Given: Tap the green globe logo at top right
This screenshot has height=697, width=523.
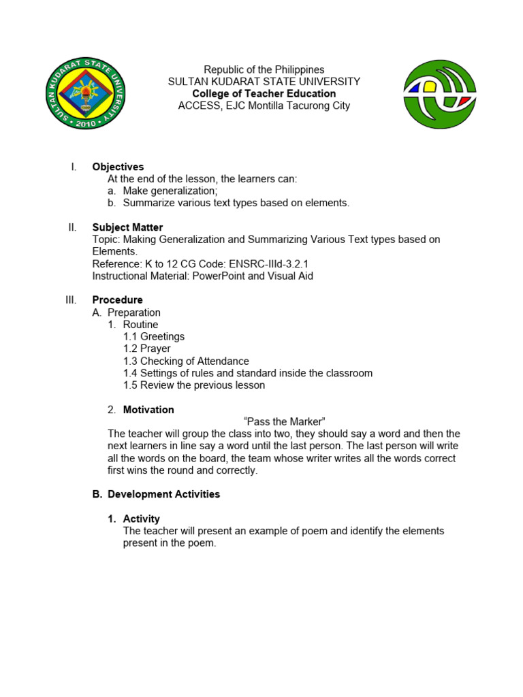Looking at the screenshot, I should click(439, 94).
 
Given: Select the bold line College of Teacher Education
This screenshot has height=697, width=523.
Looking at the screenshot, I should click(264, 94).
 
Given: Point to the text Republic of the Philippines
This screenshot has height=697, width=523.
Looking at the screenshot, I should click(264, 69).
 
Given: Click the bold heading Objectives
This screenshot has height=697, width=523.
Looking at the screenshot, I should click(118, 167).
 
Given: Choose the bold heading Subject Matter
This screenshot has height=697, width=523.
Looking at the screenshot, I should click(127, 227).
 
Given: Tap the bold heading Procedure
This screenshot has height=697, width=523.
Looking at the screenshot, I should click(117, 300).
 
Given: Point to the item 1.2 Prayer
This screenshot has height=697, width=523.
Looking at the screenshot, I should click(147, 349).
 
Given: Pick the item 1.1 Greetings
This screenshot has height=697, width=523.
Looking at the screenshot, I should click(154, 337).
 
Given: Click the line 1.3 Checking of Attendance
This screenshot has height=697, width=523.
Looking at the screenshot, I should click(186, 361).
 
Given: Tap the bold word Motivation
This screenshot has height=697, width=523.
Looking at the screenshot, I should click(148, 410).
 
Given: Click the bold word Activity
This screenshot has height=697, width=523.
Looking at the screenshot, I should click(141, 519).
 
